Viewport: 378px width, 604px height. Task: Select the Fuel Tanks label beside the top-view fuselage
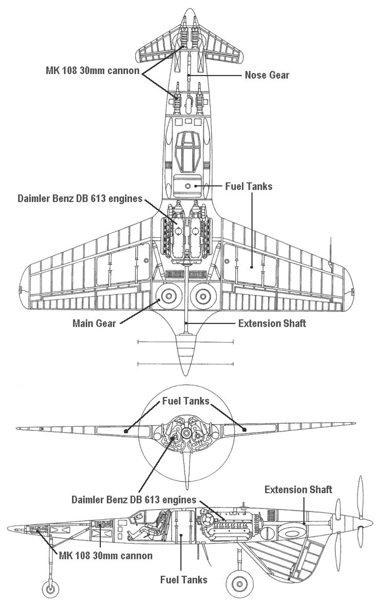(249, 186)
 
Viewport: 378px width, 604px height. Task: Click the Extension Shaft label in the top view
(272, 324)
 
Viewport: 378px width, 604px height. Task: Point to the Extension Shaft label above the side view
(298, 489)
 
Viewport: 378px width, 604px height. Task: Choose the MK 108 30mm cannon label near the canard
(92, 70)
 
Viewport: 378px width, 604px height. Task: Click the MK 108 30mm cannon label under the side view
(106, 556)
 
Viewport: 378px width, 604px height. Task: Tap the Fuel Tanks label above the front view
(185, 401)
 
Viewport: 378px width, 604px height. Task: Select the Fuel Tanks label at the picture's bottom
(184, 580)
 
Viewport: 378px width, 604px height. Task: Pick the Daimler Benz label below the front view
(134, 499)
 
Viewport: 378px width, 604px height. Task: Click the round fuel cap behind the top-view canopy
(188, 186)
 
